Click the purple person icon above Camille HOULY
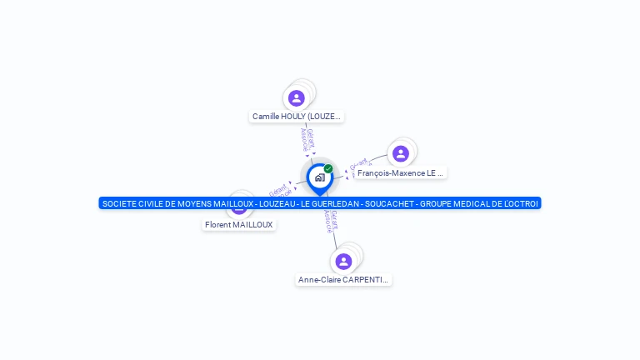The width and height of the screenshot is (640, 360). (297, 98)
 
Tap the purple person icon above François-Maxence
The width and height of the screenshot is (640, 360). (401, 153)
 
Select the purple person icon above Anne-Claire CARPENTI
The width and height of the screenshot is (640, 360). (343, 262)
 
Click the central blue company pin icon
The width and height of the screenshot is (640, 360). (319, 177)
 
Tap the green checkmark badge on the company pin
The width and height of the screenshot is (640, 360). (328, 168)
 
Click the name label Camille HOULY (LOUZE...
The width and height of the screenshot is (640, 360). (297, 117)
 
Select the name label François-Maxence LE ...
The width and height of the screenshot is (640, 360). (400, 173)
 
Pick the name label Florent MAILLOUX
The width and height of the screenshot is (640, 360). (239, 225)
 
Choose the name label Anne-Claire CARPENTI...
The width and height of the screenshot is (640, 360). (343, 280)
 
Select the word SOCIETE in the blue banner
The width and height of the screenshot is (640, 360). (118, 203)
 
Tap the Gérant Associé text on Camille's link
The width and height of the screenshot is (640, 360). (307, 139)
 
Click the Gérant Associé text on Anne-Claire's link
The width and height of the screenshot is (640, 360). (331, 220)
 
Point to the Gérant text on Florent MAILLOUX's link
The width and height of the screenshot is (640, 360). (278, 188)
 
